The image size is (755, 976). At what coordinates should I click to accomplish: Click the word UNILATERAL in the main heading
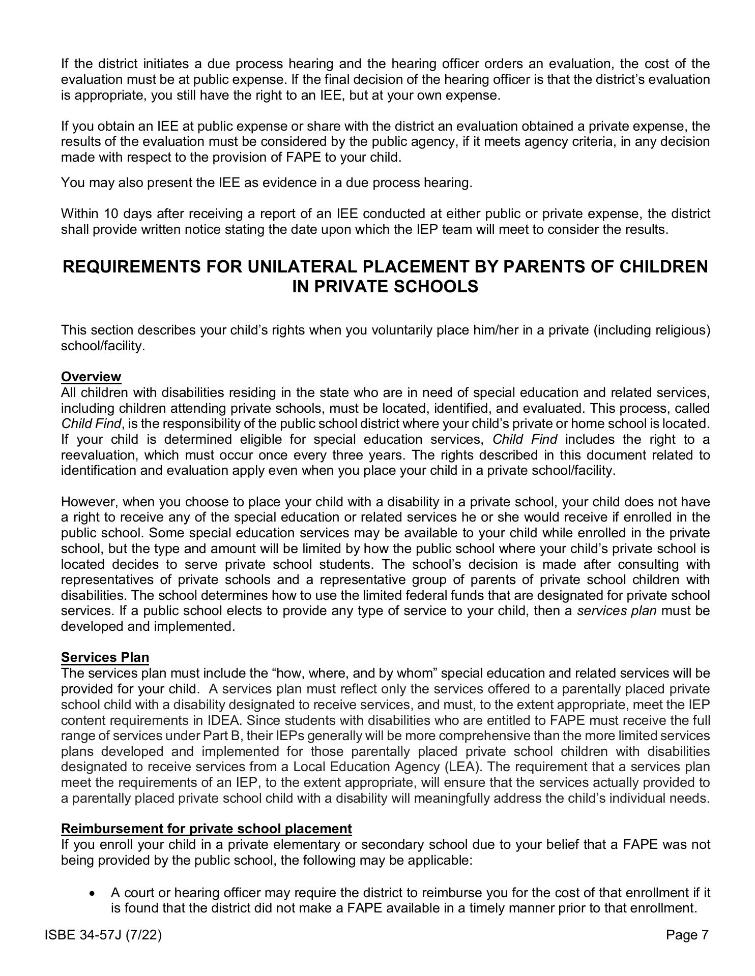[x=295, y=267]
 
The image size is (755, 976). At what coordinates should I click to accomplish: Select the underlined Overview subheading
[x=91, y=377]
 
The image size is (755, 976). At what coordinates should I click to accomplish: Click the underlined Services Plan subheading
[x=105, y=657]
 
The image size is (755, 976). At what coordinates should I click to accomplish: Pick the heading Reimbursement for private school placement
[x=206, y=829]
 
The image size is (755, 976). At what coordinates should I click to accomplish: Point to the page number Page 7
[x=687, y=935]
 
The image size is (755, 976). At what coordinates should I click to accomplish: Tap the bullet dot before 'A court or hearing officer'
[x=92, y=893]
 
